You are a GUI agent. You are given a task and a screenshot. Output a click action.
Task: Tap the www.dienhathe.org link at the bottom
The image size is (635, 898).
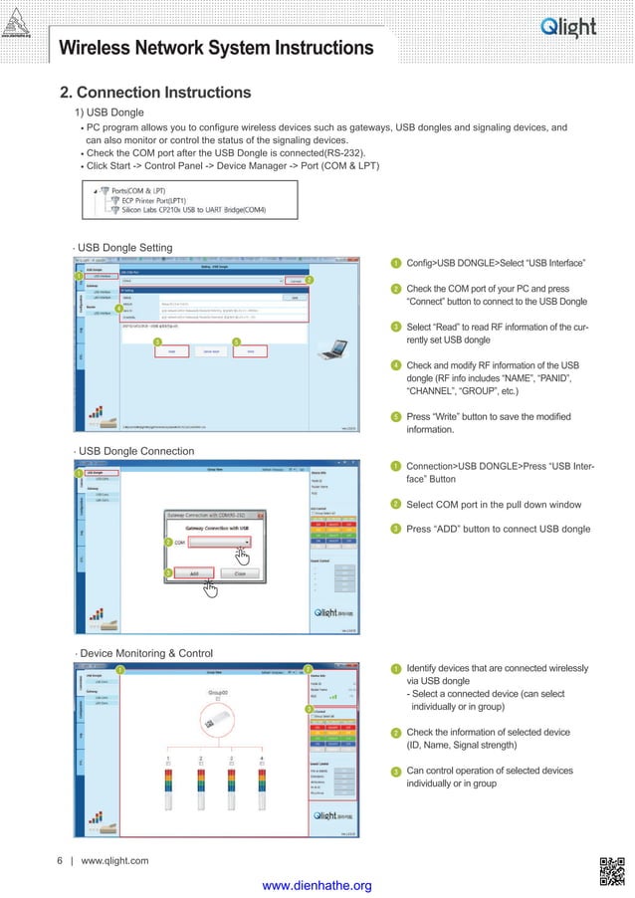pyautogui.click(x=317, y=886)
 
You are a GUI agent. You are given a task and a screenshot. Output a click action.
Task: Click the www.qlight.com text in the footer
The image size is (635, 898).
pyautogui.click(x=114, y=860)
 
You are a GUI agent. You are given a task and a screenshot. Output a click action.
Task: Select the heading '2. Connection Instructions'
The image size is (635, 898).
pyautogui.click(x=156, y=93)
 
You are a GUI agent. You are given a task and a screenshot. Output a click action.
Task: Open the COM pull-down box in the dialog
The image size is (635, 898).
pyautogui.click(x=218, y=543)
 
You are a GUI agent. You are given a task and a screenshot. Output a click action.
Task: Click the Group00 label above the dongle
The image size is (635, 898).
pyautogui.click(x=218, y=691)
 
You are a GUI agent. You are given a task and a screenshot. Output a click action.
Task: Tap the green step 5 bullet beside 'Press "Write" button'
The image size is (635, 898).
pyautogui.click(x=395, y=416)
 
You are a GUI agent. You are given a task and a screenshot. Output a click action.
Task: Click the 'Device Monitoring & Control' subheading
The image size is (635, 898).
pyautogui.click(x=146, y=653)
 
